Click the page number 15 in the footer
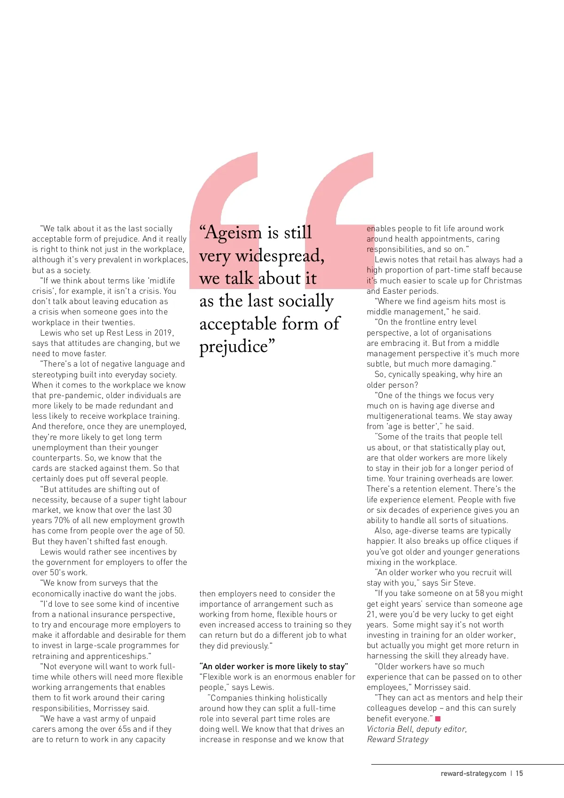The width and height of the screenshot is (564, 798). [519, 773]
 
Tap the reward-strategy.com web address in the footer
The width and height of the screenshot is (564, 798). [473, 773]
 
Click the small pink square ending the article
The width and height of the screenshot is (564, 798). [438, 719]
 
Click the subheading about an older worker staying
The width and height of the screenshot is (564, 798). [274, 666]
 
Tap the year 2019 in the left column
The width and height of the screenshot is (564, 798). [163, 333]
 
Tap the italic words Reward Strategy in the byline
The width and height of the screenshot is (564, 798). [398, 739]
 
